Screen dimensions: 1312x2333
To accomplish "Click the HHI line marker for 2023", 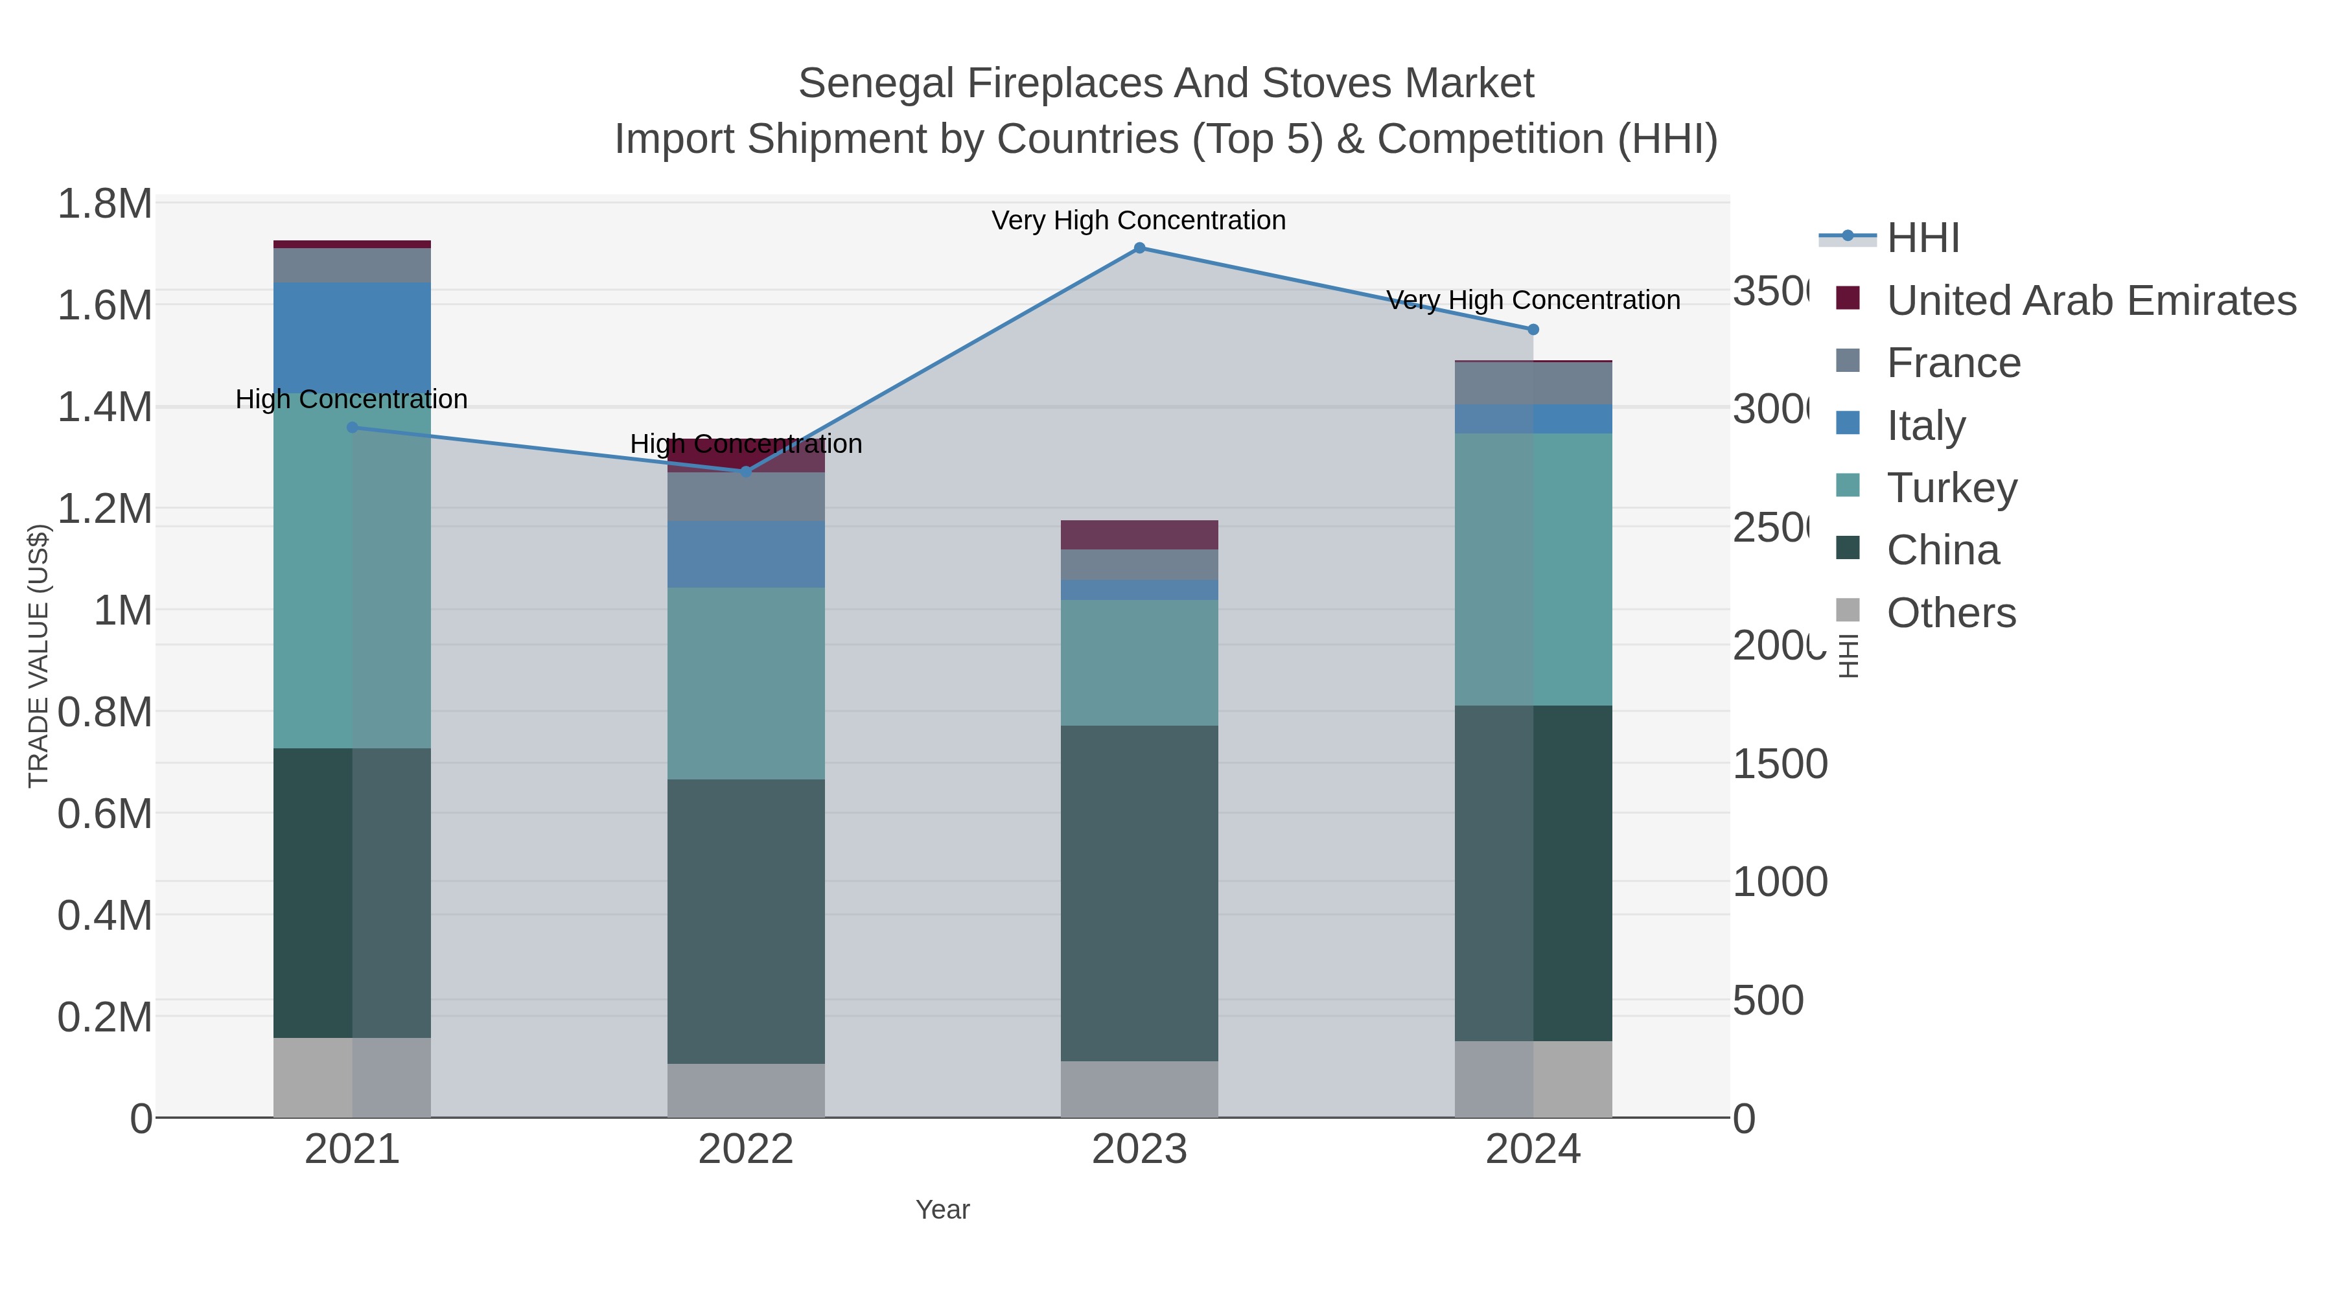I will [1139, 247].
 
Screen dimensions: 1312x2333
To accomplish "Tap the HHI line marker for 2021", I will [353, 428].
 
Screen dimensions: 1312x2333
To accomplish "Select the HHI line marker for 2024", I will [1533, 330].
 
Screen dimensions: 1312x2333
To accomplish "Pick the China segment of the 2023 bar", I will [1139, 892].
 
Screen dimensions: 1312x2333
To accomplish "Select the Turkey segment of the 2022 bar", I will [745, 683].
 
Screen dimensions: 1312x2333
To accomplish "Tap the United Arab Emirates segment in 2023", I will [1139, 535].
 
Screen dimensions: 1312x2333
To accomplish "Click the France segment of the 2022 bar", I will [745, 496].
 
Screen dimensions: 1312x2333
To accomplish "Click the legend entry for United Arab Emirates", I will [2090, 301].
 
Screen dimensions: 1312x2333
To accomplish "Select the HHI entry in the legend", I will [1922, 238].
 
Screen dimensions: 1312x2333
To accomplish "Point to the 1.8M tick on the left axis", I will [104, 203].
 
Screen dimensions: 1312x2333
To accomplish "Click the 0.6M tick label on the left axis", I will [104, 813].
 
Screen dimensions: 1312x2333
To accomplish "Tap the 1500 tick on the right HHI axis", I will [1780, 765].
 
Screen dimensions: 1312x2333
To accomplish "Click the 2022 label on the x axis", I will [745, 1150].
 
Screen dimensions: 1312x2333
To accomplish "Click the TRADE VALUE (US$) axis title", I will [38, 656].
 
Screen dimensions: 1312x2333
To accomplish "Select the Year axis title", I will [942, 1210].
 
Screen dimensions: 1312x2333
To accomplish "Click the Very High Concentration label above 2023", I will [1139, 220].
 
